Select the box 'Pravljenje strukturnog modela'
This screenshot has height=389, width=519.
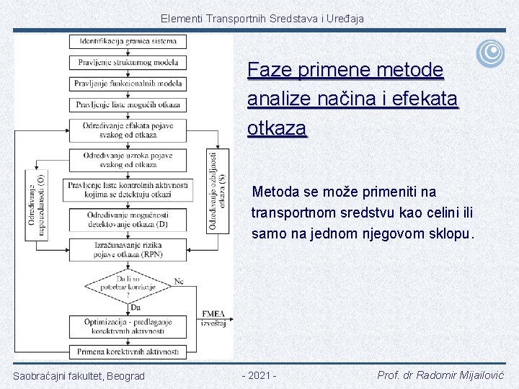[128, 62]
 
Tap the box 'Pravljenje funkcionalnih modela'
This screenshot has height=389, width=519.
[128, 83]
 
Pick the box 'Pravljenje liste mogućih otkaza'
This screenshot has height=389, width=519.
[128, 104]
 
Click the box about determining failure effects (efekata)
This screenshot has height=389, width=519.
[128, 130]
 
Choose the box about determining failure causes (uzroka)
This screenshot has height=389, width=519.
[128, 160]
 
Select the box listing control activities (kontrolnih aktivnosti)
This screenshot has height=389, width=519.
[128, 189]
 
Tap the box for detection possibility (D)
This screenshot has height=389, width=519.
[128, 220]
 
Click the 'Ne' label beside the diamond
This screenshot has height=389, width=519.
[179, 281]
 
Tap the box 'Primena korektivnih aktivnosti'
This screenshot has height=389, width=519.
[128, 352]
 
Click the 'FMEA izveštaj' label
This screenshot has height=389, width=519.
[213, 318]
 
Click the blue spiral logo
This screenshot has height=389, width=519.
[490, 53]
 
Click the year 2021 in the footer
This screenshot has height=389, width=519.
[259, 375]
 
